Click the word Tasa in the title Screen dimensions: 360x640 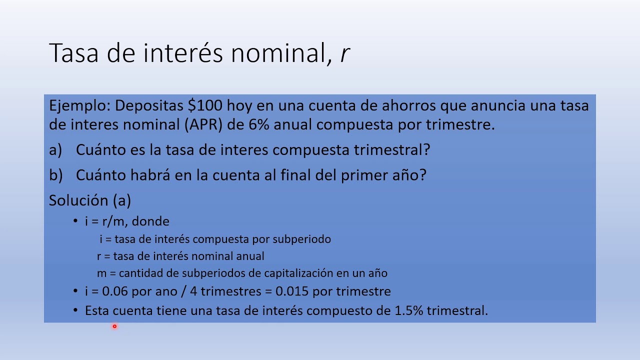[73, 53]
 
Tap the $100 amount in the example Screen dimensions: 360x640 [205, 106]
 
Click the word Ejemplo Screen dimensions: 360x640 [78, 106]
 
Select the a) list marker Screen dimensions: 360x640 [55, 150]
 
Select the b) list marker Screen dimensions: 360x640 [56, 175]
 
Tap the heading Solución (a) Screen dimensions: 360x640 [90, 200]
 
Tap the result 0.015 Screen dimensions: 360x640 [291, 291]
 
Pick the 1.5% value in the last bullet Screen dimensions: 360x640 [409, 310]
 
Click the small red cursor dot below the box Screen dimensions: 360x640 [114, 326]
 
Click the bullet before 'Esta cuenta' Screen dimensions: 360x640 [75, 310]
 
